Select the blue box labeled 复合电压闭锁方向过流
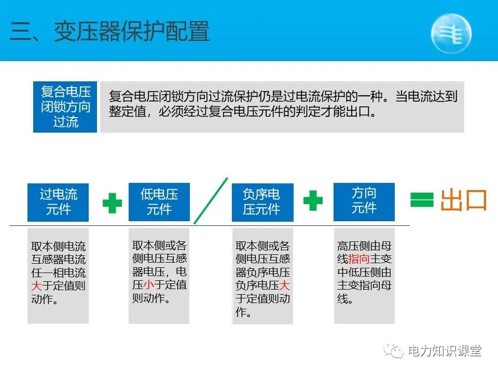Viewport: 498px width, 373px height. (x=65, y=107)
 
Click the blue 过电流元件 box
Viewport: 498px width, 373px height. (x=58, y=202)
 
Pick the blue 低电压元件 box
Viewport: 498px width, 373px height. (x=159, y=202)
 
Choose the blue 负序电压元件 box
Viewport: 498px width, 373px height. (x=262, y=202)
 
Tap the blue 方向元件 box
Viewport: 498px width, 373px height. (x=364, y=200)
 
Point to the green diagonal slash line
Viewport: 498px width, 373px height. (x=211, y=200)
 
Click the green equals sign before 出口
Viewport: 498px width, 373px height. (x=422, y=200)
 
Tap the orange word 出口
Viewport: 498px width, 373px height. (x=464, y=200)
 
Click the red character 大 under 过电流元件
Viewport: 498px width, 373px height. (x=36, y=286)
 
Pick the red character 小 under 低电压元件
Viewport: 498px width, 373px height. (x=149, y=284)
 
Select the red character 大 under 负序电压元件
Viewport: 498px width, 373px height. (x=284, y=285)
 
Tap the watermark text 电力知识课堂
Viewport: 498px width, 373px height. (x=445, y=351)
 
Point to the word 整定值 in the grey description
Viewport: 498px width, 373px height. (x=127, y=112)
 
